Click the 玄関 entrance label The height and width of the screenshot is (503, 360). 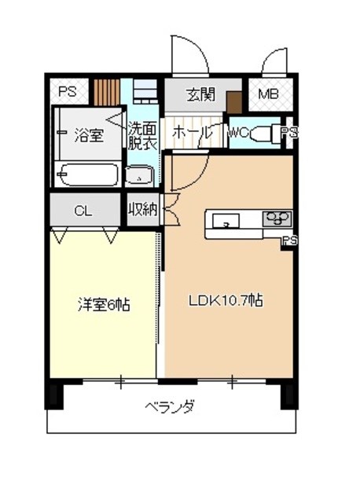(x=200, y=95)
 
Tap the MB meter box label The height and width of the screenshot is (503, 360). (x=269, y=96)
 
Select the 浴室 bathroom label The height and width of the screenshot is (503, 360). (x=88, y=134)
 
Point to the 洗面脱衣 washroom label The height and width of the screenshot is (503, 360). (x=142, y=138)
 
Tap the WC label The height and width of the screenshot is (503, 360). (x=238, y=134)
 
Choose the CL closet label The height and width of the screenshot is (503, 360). (x=83, y=210)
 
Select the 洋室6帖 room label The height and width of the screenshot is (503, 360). (x=103, y=304)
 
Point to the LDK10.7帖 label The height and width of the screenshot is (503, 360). (x=225, y=300)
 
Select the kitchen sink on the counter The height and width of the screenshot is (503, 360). (x=226, y=220)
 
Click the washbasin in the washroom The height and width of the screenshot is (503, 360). (x=139, y=176)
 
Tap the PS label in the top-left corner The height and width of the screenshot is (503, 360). (x=68, y=92)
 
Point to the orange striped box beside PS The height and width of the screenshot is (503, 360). (x=105, y=93)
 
